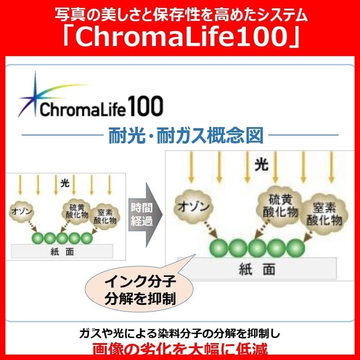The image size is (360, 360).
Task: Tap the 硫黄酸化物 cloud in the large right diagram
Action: pyautogui.click(x=278, y=206)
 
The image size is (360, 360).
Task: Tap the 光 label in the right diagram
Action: pyautogui.click(x=261, y=165)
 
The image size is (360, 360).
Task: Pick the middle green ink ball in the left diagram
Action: pyautogui.click(x=62, y=238)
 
